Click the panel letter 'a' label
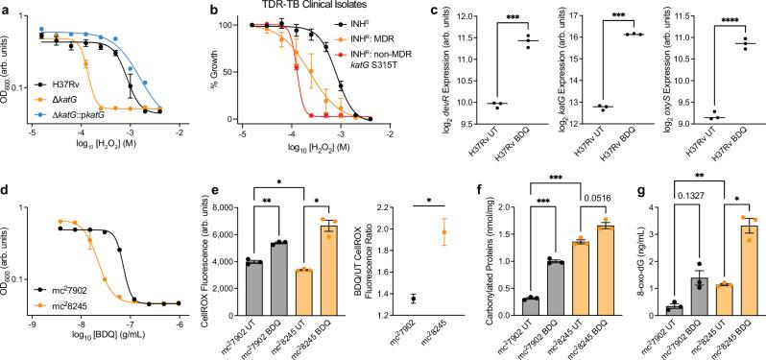6,8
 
